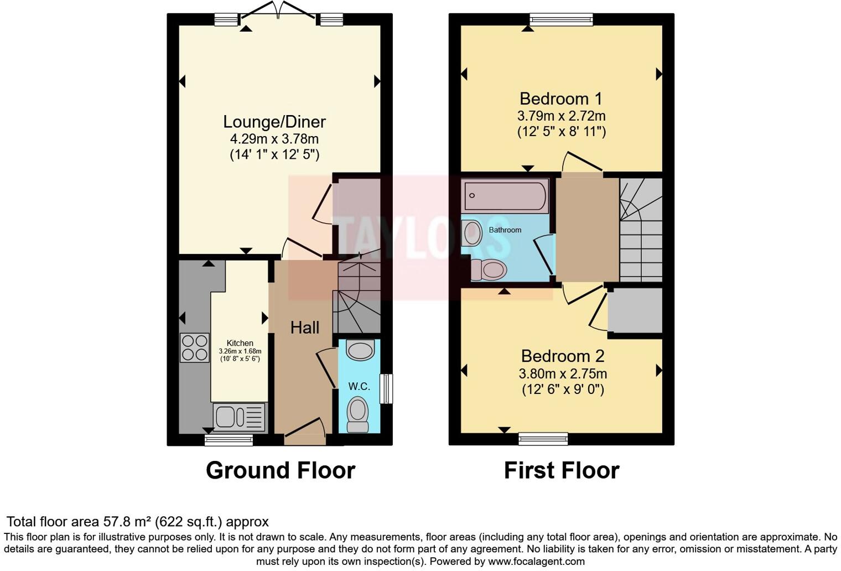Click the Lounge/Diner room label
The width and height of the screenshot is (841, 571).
[274, 122]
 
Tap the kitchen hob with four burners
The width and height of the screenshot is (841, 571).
[195, 347]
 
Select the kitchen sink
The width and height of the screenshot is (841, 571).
[240, 417]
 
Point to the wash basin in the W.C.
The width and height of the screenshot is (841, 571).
[360, 350]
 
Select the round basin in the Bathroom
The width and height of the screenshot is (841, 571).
[473, 233]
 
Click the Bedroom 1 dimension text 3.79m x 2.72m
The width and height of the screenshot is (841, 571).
[561, 116]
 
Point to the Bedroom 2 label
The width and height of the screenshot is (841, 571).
[563, 356]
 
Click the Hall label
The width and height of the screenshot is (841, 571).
[305, 328]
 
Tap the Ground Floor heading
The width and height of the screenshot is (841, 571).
[281, 470]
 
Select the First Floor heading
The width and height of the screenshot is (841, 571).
[562, 470]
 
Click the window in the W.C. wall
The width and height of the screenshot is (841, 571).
[386, 389]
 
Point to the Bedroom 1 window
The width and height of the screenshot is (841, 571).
[561, 19]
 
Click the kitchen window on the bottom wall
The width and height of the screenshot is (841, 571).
[229, 440]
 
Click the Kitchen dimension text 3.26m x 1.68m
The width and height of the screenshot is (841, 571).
[240, 351]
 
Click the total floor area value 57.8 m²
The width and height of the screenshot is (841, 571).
[128, 522]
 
